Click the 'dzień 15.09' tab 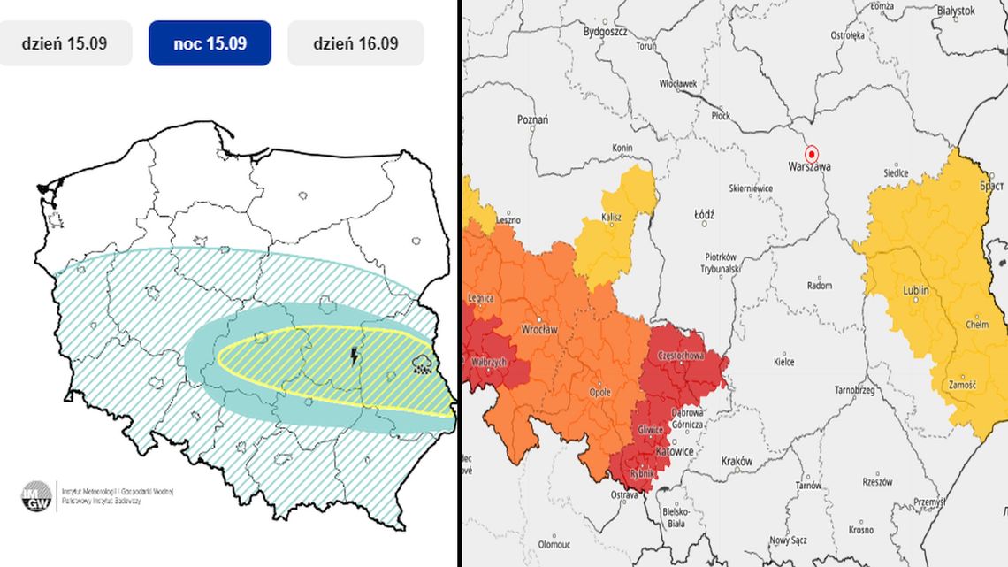66,43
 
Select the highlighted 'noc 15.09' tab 210,43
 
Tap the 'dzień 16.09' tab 355,43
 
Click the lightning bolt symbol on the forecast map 355,356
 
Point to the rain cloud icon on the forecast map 423,364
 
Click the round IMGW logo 37,495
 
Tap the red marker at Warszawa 812,151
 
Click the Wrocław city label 538,328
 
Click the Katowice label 673,451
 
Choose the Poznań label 533,119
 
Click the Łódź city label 704,214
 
